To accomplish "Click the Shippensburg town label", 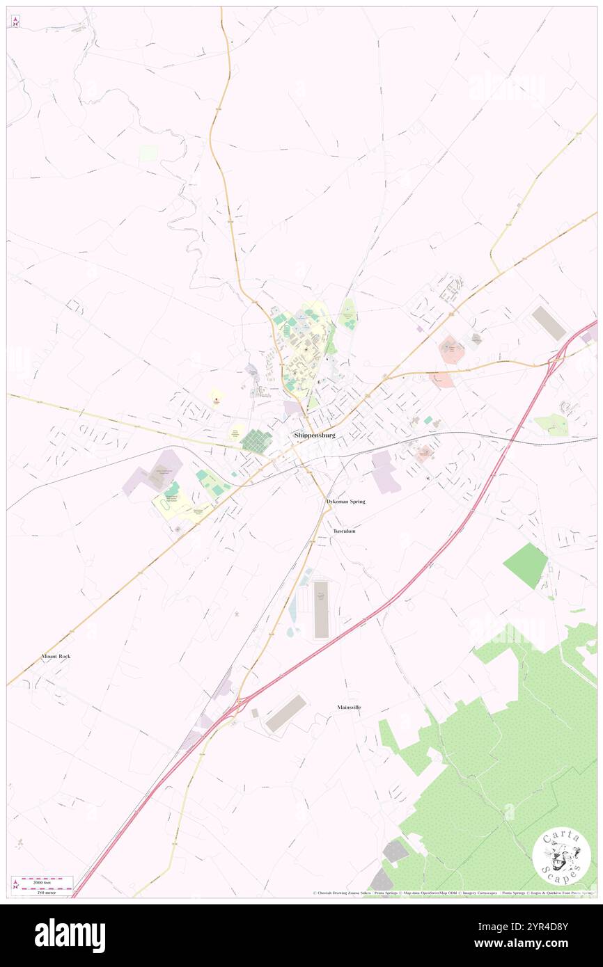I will point(315,435).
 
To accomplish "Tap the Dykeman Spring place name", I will point(345,501).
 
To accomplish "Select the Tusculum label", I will point(344,531).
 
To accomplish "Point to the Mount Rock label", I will point(56,656).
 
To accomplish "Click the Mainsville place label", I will point(349,707).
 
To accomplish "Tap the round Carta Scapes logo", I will point(561,856).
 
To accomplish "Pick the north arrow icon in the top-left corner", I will point(15,21).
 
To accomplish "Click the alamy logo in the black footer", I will point(70,936).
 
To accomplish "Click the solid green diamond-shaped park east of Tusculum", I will point(526,565).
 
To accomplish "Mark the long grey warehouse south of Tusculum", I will point(321,610).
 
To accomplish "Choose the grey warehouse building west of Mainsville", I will point(285,713).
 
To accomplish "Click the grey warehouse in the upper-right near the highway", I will point(549,323).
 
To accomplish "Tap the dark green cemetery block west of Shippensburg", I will point(256,441).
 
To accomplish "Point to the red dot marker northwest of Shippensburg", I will point(217,399).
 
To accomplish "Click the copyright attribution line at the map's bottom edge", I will point(453,893).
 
